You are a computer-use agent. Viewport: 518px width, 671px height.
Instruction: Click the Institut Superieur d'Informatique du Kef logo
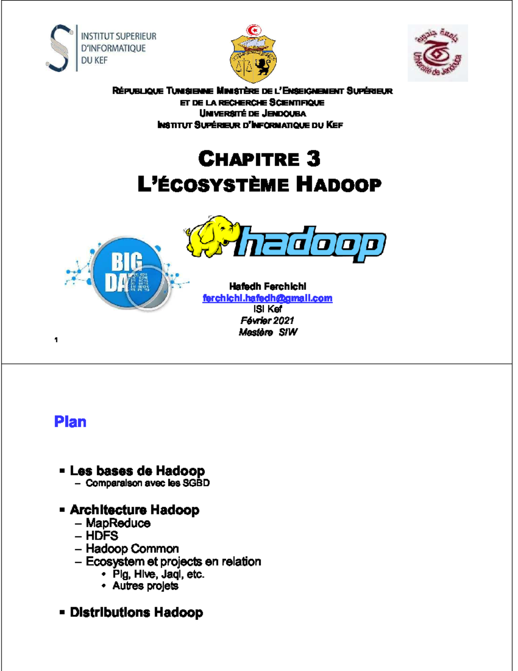pyautogui.click(x=101, y=48)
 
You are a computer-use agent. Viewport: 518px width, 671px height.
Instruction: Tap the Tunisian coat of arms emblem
pyautogui.click(x=253, y=54)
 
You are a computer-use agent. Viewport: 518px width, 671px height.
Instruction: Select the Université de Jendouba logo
pyautogui.click(x=438, y=53)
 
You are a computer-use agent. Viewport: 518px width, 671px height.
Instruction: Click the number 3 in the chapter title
pyautogui.click(x=313, y=159)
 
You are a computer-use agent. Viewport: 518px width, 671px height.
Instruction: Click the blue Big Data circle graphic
pyautogui.click(x=128, y=272)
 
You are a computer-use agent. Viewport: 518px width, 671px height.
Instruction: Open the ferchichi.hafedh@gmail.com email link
pyautogui.click(x=267, y=298)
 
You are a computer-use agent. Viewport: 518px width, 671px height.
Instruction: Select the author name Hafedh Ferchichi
pyautogui.click(x=268, y=286)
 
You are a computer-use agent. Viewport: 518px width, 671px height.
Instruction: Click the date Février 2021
pyautogui.click(x=267, y=321)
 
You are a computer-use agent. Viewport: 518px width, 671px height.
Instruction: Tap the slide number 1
pyautogui.click(x=56, y=340)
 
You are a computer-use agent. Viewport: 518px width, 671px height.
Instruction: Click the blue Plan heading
pyautogui.click(x=70, y=422)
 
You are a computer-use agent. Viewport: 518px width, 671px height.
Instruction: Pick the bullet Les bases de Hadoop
pyautogui.click(x=137, y=471)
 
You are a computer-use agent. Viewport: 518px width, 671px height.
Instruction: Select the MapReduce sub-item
pyautogui.click(x=118, y=523)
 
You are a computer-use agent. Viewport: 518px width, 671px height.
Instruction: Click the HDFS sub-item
pyautogui.click(x=102, y=536)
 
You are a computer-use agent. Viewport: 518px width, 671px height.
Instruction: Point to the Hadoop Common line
pyautogui.click(x=132, y=549)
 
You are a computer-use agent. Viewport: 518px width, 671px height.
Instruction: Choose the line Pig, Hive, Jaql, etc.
pyautogui.click(x=158, y=574)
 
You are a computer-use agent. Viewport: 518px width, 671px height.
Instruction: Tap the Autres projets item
pyautogui.click(x=145, y=586)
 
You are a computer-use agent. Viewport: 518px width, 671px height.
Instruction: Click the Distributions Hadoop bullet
pyautogui.click(x=136, y=612)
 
